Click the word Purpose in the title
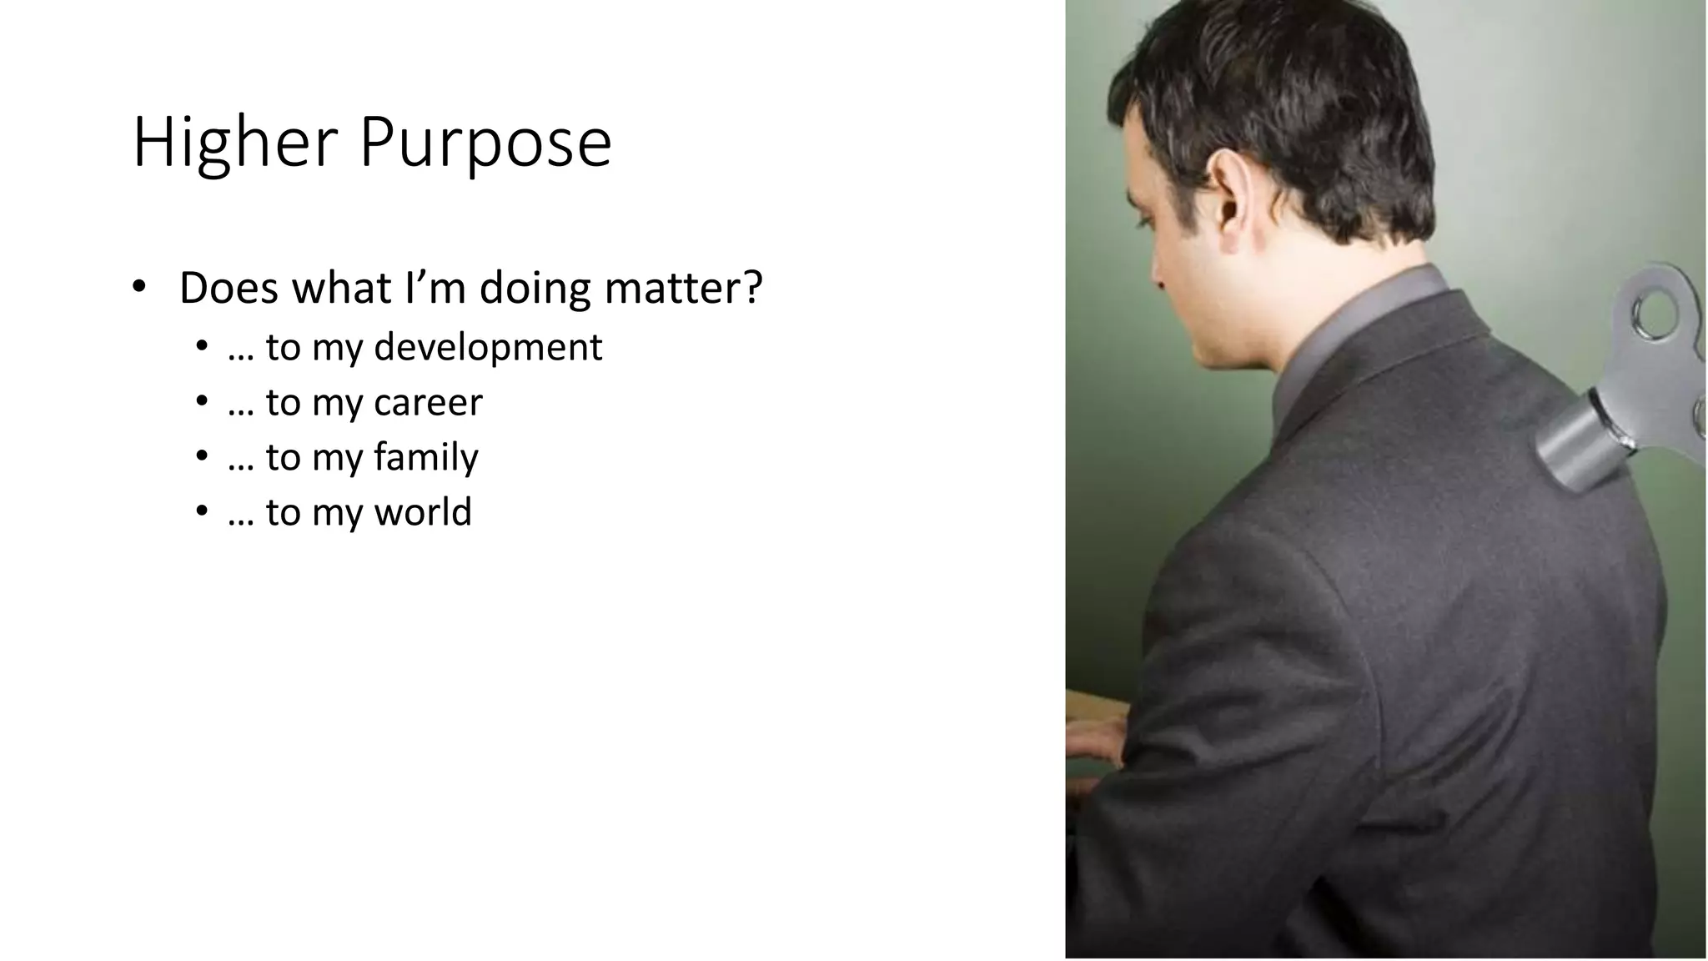pyautogui.click(x=485, y=143)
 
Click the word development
pyautogui.click(x=488, y=348)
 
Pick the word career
pyautogui.click(x=428, y=403)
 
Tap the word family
pyautogui.click(x=425, y=458)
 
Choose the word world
pyautogui.click(x=423, y=512)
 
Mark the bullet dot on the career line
pyautogui.click(x=201, y=401)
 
